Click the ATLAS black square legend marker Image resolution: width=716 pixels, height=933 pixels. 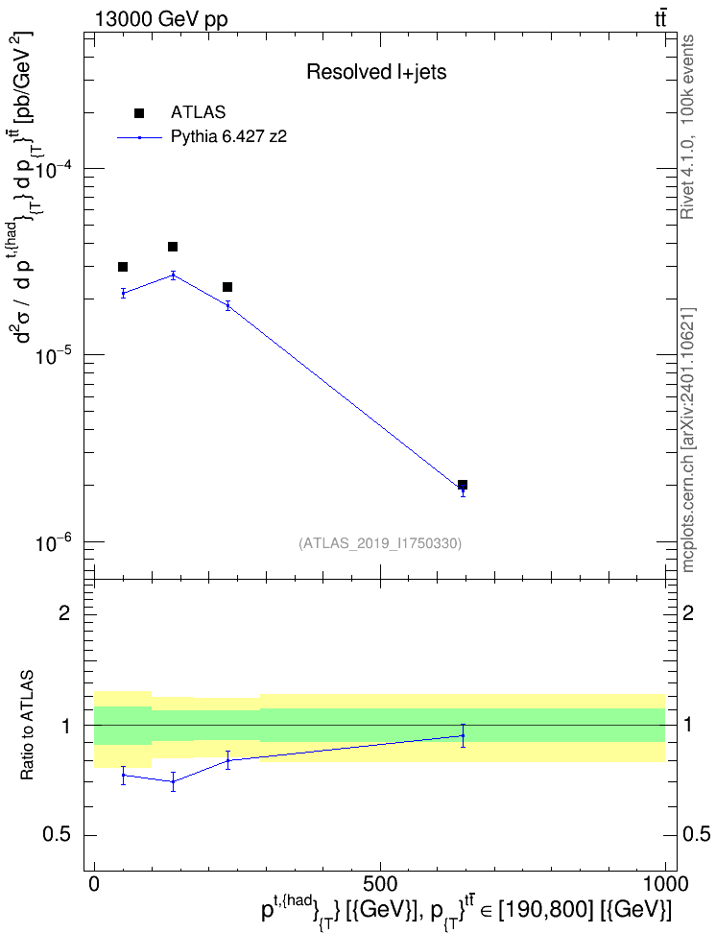(x=139, y=113)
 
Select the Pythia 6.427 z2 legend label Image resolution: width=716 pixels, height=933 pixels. (x=228, y=137)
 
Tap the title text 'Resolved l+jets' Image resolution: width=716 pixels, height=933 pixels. (x=376, y=72)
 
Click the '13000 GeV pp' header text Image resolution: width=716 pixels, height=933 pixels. (x=160, y=19)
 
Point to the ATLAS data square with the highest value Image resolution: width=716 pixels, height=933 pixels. (x=173, y=247)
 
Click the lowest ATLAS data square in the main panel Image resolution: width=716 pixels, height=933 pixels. (x=463, y=485)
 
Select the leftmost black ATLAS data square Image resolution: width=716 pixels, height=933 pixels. (x=123, y=267)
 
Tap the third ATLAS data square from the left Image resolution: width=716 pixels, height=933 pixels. (x=227, y=287)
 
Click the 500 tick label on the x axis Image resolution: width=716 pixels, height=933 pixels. (x=380, y=884)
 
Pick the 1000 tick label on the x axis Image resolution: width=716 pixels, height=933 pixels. (x=665, y=884)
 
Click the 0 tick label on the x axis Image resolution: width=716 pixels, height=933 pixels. (x=94, y=884)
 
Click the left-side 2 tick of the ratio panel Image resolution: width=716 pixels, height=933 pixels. (x=64, y=612)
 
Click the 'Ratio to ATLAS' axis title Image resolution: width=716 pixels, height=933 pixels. (x=27, y=726)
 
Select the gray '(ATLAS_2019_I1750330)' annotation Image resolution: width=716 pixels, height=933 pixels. (x=380, y=543)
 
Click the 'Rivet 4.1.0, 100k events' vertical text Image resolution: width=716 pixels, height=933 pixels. (x=687, y=127)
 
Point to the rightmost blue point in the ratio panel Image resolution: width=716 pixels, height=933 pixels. (x=463, y=735)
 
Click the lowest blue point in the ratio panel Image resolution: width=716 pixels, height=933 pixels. (x=173, y=781)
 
